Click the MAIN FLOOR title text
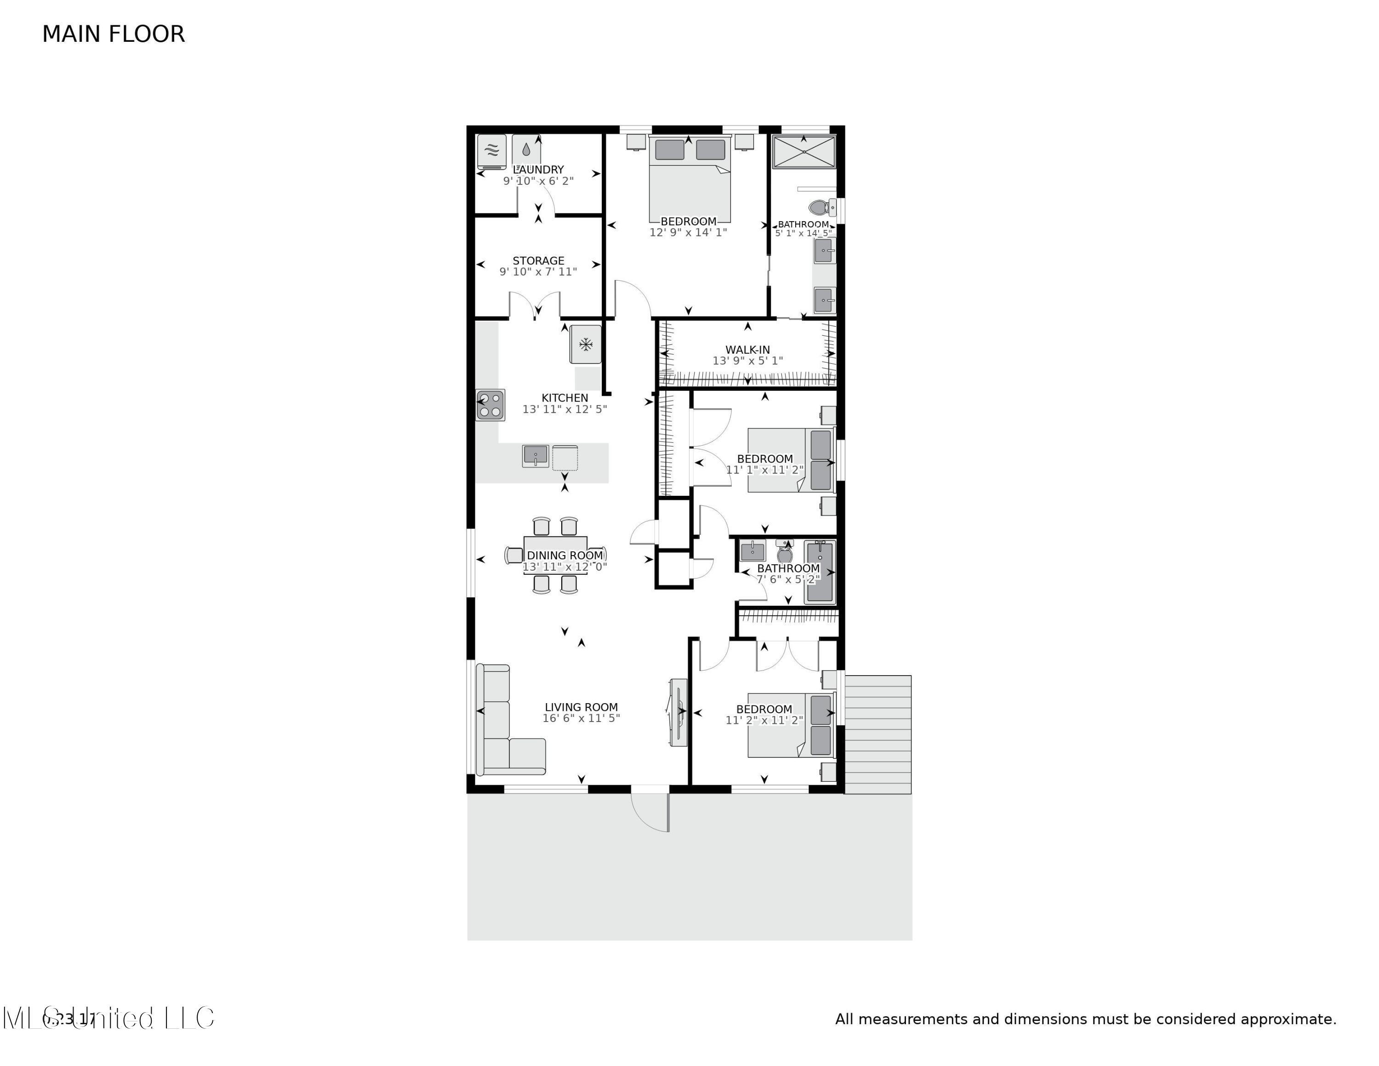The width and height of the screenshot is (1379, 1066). [x=113, y=34]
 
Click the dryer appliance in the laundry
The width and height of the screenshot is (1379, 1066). [x=492, y=150]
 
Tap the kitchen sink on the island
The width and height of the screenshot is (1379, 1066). [x=536, y=455]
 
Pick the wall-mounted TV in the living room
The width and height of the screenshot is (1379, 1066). [x=679, y=712]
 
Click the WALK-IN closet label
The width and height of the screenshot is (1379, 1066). [x=747, y=349]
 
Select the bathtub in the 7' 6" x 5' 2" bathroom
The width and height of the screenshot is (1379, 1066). [x=820, y=572]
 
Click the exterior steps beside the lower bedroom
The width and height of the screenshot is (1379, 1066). [x=878, y=734]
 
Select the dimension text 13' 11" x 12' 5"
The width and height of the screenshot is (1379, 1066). [x=564, y=409]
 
